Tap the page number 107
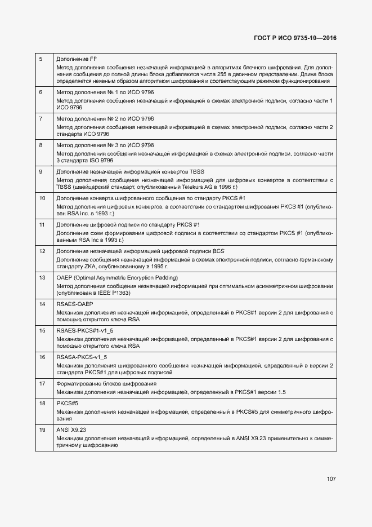click(331, 479)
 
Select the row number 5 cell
click(41, 59)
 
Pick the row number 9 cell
click(41, 171)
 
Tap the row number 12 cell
click(42, 251)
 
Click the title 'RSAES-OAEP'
click(74, 304)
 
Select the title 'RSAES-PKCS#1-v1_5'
click(84, 331)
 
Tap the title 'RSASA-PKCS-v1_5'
click(82, 357)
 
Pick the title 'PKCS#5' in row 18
click(67, 404)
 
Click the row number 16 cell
click(42, 357)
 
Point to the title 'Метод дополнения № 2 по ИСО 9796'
click(105, 118)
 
